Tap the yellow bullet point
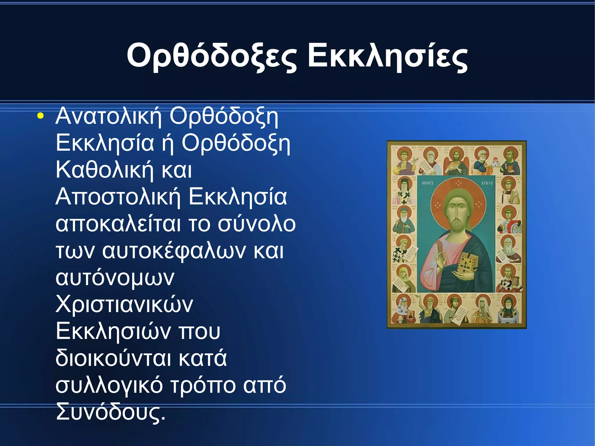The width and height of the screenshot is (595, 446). tap(40, 116)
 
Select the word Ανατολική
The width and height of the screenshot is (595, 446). tap(108, 116)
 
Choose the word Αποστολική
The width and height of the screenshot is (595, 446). tap(118, 197)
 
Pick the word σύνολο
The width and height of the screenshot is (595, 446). tap(257, 224)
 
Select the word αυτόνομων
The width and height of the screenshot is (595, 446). tap(115, 278)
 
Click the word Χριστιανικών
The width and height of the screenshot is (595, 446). tap(124, 305)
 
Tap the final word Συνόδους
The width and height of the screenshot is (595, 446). tap(110, 412)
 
